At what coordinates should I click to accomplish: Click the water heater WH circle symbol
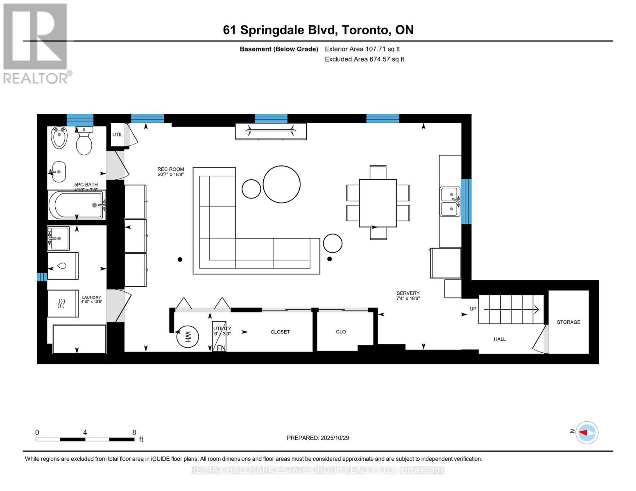(x=188, y=337)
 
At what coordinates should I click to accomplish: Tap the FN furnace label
(x=221, y=348)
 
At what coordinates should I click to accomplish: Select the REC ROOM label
(x=171, y=169)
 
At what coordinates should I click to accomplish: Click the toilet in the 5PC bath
(x=84, y=141)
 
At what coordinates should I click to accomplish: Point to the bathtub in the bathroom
(x=77, y=205)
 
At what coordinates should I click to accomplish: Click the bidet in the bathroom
(x=59, y=137)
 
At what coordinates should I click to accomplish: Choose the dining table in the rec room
(x=378, y=203)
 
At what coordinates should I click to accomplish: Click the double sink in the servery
(x=450, y=201)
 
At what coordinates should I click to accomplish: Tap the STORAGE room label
(x=568, y=322)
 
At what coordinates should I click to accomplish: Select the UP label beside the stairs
(x=473, y=309)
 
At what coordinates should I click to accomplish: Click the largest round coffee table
(x=281, y=184)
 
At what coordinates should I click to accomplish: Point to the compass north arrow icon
(x=587, y=432)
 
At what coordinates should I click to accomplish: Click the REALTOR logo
(x=36, y=43)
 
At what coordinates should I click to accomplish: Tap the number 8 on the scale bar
(x=134, y=432)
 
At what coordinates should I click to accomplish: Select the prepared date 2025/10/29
(x=335, y=438)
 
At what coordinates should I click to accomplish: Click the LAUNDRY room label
(x=91, y=297)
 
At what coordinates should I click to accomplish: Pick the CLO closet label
(x=341, y=332)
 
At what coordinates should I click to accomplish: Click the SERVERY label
(x=408, y=293)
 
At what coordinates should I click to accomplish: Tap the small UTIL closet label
(x=118, y=135)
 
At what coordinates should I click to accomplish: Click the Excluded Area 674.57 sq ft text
(x=364, y=59)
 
